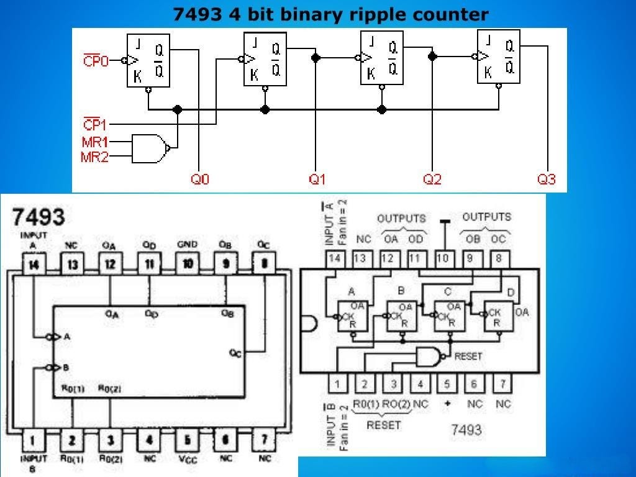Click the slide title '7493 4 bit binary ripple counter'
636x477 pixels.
tap(330, 14)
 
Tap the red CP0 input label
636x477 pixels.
tap(96, 61)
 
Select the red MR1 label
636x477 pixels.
tap(95, 142)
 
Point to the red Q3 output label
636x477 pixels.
tap(547, 179)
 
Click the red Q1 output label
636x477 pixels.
tap(317, 179)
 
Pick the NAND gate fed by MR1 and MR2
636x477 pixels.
tap(150, 148)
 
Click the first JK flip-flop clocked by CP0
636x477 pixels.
tap(148, 61)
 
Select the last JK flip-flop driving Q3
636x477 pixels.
tap(498, 57)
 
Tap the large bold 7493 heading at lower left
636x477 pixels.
tap(39, 217)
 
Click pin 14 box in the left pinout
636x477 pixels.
tap(34, 265)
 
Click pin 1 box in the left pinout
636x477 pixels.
tap(34, 442)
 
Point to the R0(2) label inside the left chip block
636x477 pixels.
tap(110, 389)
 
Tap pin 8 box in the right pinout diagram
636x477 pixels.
tap(498, 258)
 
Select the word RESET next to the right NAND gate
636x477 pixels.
tap(468, 357)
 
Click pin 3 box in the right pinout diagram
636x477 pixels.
tap(393, 384)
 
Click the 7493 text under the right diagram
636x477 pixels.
tap(466, 430)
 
